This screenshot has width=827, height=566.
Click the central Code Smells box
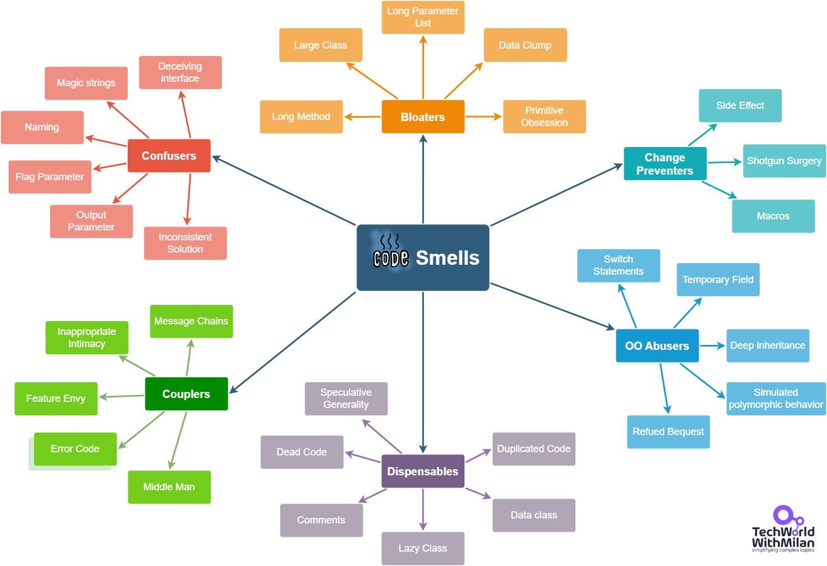pos(423,258)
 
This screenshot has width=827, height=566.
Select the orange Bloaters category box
pos(423,117)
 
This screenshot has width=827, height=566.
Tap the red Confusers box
pos(169,156)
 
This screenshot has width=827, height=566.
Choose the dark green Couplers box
pos(186,394)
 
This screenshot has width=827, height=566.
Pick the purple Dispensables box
pos(423,471)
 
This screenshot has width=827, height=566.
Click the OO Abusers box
pos(657,345)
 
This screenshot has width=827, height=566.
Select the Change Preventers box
pos(664,164)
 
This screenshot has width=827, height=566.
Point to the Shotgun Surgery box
pos(784,161)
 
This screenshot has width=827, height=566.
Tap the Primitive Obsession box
pos(544,117)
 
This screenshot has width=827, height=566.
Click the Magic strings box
pos(86,83)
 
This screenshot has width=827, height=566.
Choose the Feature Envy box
pos(56,399)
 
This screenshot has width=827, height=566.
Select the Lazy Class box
pos(423,548)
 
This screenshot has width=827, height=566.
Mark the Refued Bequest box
pos(668,432)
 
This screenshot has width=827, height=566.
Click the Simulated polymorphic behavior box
pos(776,399)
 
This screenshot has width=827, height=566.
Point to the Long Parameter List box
pos(423,17)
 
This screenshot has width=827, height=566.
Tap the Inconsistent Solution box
pos(185,243)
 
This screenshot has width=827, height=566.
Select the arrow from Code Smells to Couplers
pos(293,343)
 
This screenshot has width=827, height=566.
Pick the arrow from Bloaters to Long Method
pos(363,117)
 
